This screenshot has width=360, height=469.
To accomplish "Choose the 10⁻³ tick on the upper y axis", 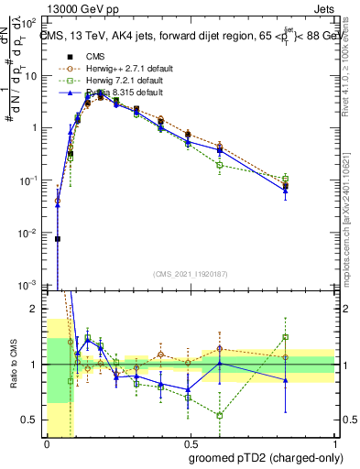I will coord(35,287).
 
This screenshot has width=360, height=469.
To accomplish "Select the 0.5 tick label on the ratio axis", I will coord(35,420).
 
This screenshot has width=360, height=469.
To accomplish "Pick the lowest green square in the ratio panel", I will coord(219,415).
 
